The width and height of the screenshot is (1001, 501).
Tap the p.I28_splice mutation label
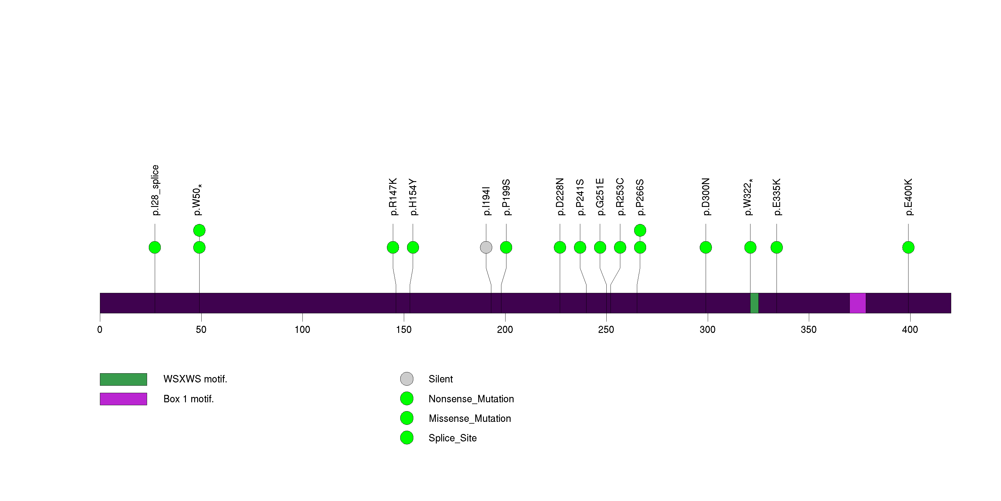pyautogui.click(x=155, y=190)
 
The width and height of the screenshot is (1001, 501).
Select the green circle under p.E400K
pyautogui.click(x=908, y=248)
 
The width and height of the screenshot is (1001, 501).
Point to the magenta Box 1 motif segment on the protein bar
pyautogui.click(x=857, y=303)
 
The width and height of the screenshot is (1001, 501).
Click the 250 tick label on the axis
pyautogui.click(x=606, y=330)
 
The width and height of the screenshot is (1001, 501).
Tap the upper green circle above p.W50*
pyautogui.click(x=199, y=230)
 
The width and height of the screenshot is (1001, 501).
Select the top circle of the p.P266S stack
pyautogui.click(x=640, y=230)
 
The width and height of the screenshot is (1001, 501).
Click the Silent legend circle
pyautogui.click(x=407, y=379)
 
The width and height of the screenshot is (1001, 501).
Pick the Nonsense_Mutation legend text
pyautogui.click(x=471, y=399)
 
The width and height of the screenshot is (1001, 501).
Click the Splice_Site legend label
pyautogui.click(x=452, y=438)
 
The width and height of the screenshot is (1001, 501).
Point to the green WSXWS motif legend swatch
pyautogui.click(x=123, y=379)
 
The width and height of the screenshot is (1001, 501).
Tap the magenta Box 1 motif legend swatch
pyautogui.click(x=123, y=399)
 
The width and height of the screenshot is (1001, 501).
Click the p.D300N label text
pyautogui.click(x=706, y=197)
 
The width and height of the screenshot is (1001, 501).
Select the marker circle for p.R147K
pyautogui.click(x=393, y=248)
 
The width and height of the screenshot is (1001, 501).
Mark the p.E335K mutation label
pyautogui.click(x=776, y=197)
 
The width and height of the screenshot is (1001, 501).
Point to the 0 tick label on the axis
pyautogui.click(x=100, y=330)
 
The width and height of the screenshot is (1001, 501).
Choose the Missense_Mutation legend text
pyautogui.click(x=469, y=418)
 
